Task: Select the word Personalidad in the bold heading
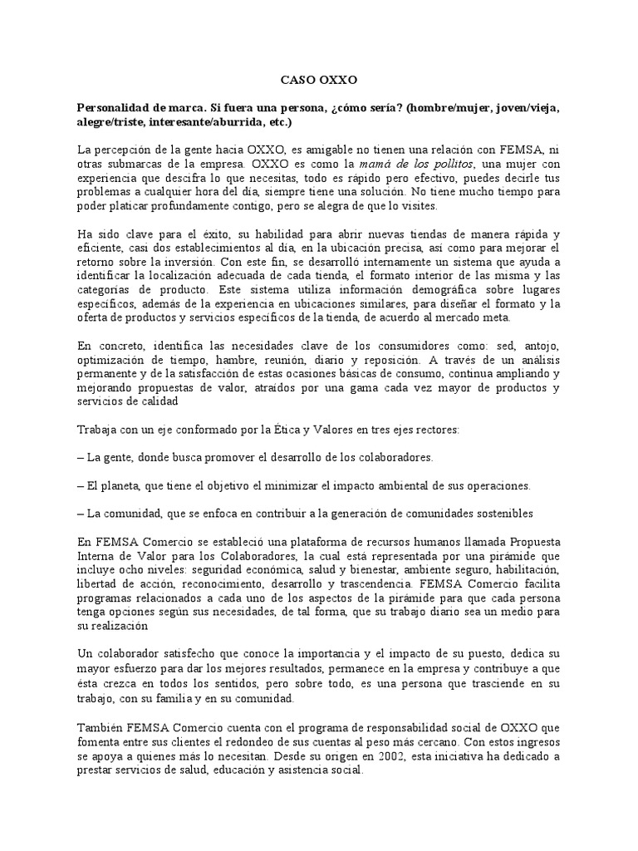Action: point(114,109)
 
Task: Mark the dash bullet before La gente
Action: point(80,457)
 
